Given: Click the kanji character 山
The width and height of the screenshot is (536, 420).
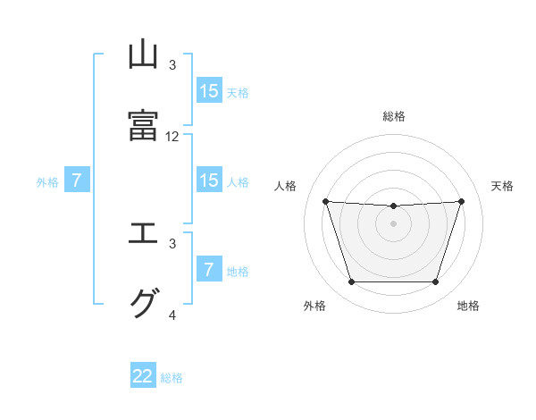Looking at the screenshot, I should click(144, 55).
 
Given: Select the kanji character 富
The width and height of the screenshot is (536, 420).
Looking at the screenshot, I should click(144, 126).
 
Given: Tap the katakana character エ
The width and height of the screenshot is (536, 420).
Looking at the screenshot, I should click(144, 234).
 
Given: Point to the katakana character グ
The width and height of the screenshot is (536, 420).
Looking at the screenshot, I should click(144, 304).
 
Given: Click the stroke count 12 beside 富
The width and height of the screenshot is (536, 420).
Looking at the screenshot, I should click(172, 137).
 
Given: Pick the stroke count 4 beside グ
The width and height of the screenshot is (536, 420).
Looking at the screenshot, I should click(172, 315).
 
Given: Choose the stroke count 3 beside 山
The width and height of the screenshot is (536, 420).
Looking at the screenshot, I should click(172, 65).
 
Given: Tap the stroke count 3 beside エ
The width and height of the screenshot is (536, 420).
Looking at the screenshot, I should click(172, 243).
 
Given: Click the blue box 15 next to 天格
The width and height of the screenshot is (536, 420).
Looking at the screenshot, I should click(209, 91).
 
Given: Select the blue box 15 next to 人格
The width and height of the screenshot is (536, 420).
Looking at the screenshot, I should click(209, 181).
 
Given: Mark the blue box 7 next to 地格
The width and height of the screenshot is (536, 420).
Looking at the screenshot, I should click(209, 270).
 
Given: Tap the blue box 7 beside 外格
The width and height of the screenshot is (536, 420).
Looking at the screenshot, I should click(77, 181).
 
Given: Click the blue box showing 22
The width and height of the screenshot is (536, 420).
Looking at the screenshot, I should click(144, 376).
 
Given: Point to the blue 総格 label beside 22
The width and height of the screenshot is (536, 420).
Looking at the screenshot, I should click(172, 378).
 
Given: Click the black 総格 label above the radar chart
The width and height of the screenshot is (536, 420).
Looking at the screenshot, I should click(394, 116).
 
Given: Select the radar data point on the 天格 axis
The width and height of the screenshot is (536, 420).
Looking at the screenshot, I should click(461, 201).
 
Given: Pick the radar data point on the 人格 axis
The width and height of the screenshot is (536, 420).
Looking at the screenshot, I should click(325, 201).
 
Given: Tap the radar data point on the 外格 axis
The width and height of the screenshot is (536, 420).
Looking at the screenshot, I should click(351, 282).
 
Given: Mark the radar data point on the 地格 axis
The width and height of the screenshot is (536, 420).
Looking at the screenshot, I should click(436, 282).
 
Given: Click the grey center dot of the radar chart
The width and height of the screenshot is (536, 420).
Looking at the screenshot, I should click(394, 223).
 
